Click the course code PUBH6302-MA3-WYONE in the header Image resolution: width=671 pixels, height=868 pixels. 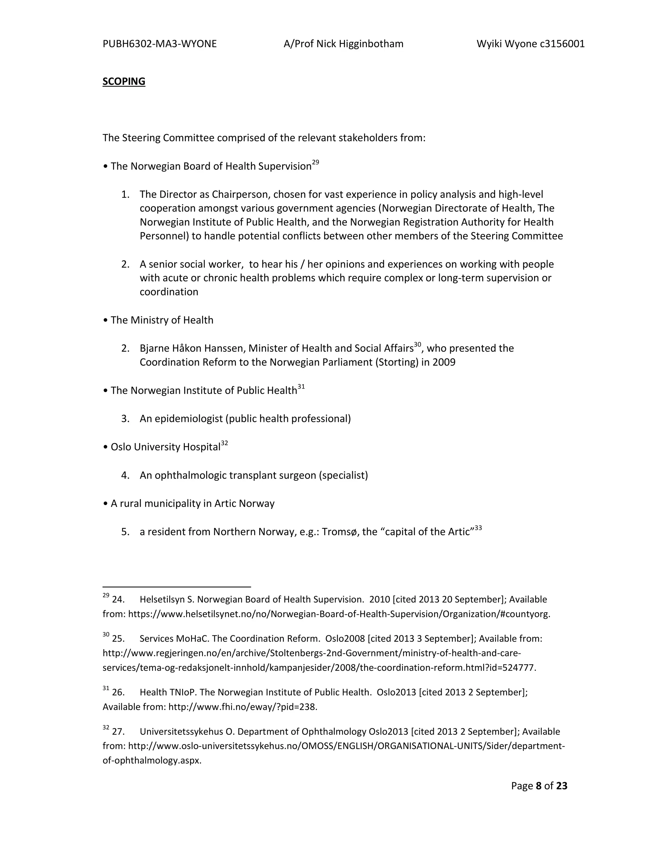click(160, 44)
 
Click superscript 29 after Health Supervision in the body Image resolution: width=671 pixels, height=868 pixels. click(315, 162)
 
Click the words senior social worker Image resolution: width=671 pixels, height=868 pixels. click(196, 264)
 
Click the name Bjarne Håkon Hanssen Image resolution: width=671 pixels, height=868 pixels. click(193, 349)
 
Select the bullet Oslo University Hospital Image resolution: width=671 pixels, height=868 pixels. click(165, 447)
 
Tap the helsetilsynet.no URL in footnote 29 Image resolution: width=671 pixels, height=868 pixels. click(339, 614)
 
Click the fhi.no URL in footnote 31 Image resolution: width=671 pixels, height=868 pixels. click(242, 707)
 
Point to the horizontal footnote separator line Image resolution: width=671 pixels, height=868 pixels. click(177, 587)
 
